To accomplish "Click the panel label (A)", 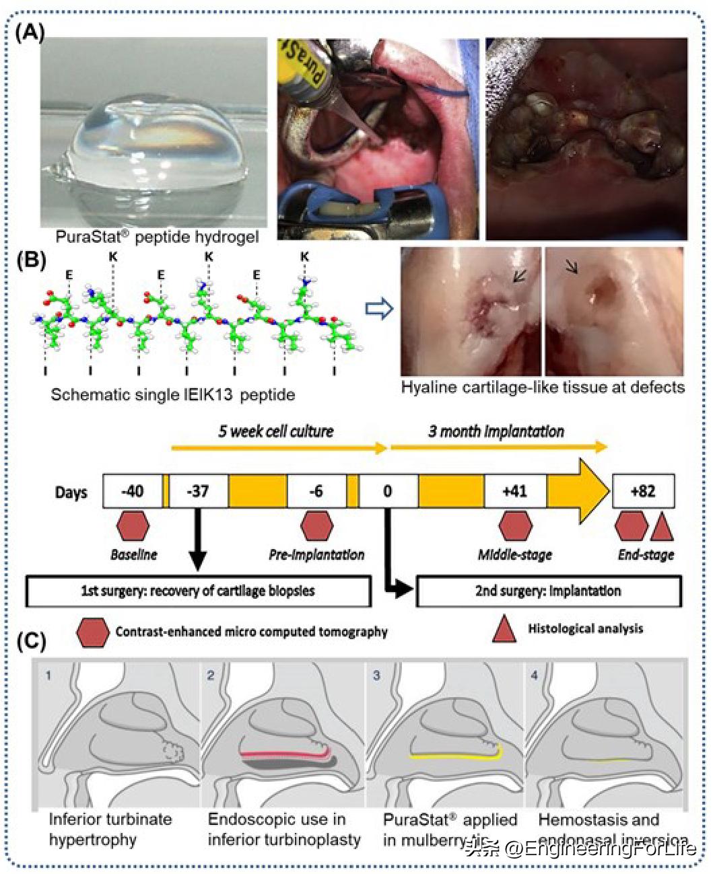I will point(30,32).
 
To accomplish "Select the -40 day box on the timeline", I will point(133,491).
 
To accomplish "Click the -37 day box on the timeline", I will point(199,491).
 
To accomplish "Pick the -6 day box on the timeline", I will point(316,491).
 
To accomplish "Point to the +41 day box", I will point(515,491).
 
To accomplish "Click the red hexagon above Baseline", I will point(133,526).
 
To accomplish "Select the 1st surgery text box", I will point(198,591).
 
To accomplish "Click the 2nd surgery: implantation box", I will point(549,591).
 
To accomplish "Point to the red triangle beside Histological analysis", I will point(504,629).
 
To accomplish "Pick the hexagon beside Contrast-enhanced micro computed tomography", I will point(93,632).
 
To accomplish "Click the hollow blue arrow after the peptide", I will point(378,309).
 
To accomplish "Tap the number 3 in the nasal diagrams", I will point(376,674).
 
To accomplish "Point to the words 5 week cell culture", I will point(275,431).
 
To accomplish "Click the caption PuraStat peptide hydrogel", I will point(149,238).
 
